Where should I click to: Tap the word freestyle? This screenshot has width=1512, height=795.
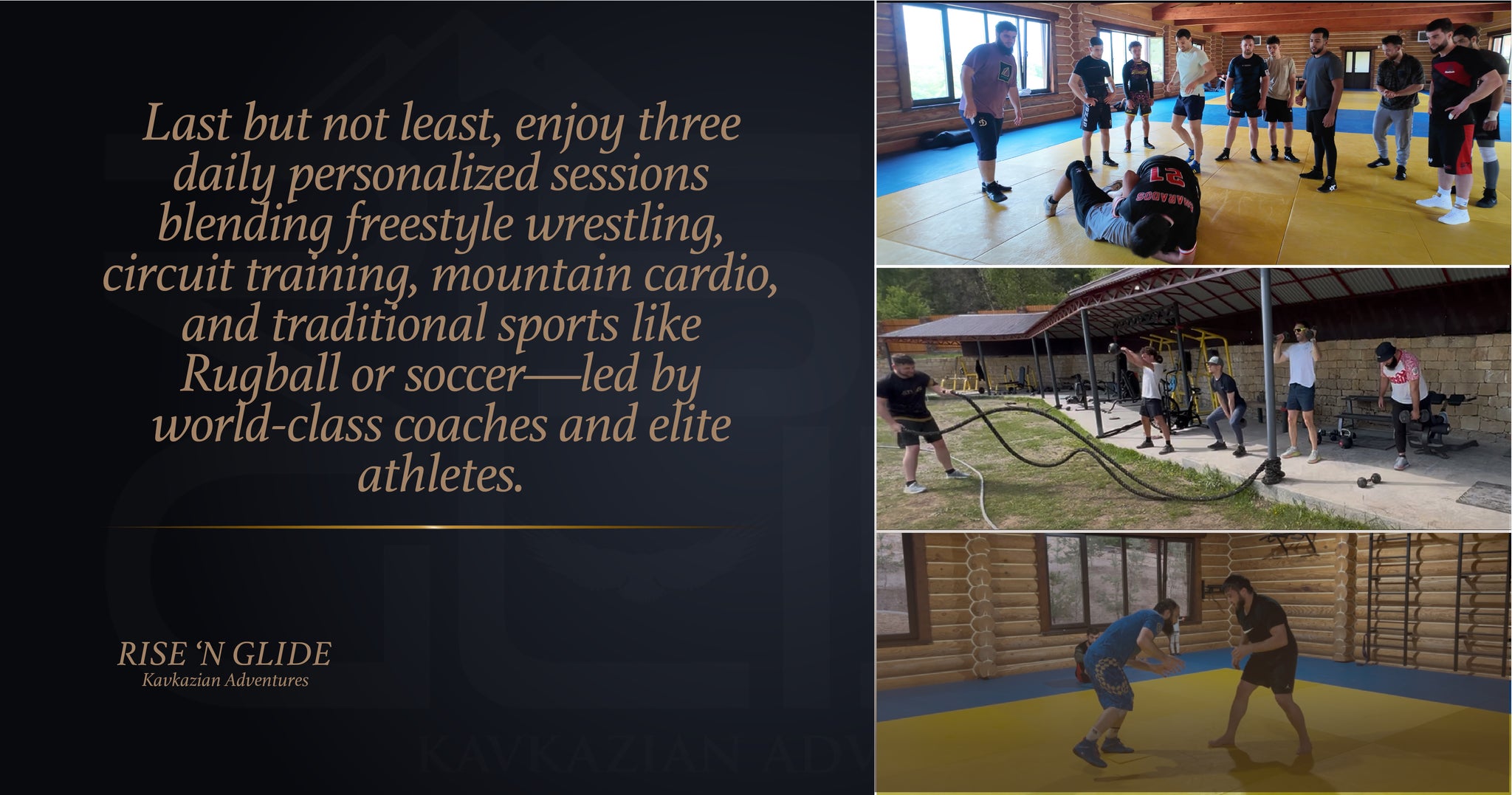pyautogui.click(x=429, y=224)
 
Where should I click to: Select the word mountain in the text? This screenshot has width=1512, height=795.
pyautogui.click(x=531, y=275)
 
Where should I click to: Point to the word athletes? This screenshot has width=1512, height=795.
pyautogui.click(x=441, y=475)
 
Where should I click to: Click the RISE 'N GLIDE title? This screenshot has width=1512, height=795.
pyautogui.click(x=224, y=654)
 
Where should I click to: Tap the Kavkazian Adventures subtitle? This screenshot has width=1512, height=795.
pyautogui.click(x=225, y=681)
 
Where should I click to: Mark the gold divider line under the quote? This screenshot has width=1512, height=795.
pyautogui.click(x=436, y=527)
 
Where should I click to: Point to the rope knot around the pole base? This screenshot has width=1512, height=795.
pyautogui.click(x=1272, y=469)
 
